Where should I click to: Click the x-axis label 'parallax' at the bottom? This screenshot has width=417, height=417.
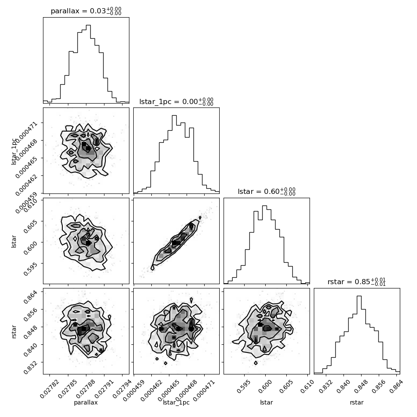click(86, 402)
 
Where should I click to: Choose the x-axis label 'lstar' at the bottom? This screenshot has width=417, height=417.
click(267, 402)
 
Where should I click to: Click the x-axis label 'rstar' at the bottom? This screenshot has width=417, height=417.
click(357, 402)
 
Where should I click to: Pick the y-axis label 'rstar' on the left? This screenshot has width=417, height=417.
click(14, 331)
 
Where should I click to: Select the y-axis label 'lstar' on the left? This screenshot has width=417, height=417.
click(14, 242)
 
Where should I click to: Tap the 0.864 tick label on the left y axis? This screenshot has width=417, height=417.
click(31, 297)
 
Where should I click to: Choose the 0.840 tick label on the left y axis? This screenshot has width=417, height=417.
click(31, 350)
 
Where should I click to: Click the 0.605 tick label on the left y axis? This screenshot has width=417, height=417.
click(31, 226)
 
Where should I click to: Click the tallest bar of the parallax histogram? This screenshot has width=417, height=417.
click(88, 64)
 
